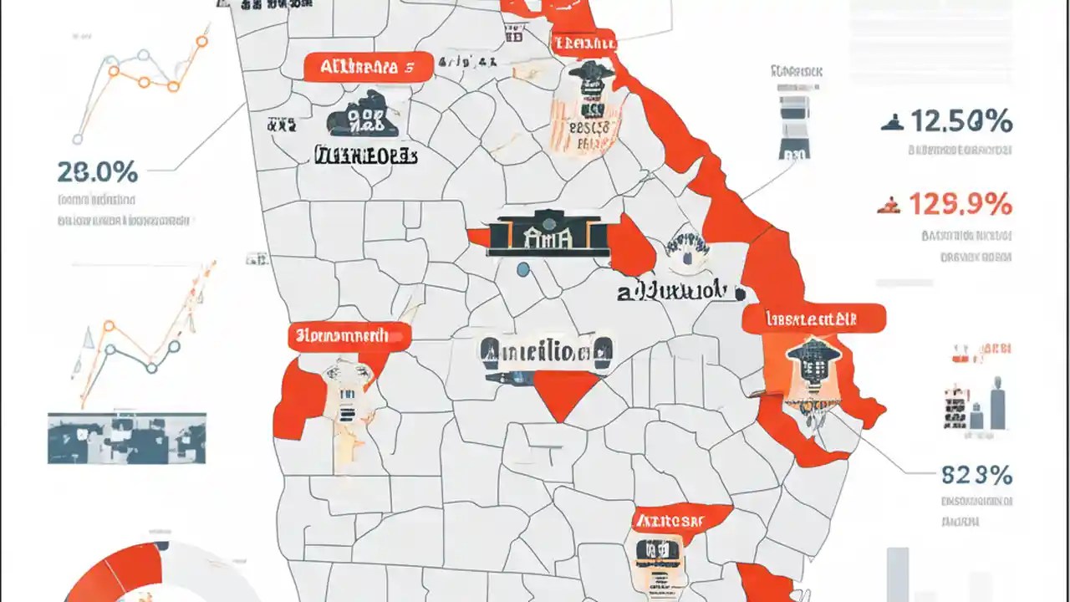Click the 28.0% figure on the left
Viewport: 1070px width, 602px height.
coord(97,172)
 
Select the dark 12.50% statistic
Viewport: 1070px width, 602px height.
coord(960,122)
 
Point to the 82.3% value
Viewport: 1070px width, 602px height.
coord(976,475)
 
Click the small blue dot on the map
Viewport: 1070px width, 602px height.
coord(523,269)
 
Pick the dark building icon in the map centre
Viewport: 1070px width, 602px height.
coord(548,232)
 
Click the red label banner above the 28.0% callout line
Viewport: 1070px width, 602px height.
coord(367,68)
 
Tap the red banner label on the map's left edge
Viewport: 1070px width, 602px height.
coord(349,336)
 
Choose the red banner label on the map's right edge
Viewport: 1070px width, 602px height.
coord(813,318)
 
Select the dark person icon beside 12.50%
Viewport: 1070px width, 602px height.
coord(892,124)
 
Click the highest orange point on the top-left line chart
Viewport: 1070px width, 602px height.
coord(201,39)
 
